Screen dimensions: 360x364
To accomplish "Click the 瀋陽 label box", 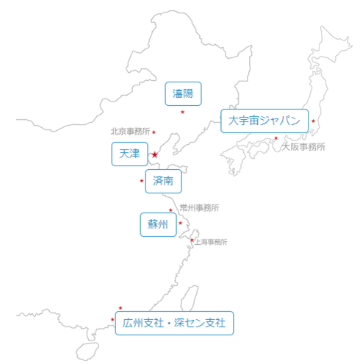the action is coord(183,93).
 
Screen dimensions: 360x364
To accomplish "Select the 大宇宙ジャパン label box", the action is coord(264,121).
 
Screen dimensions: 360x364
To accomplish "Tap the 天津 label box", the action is coord(129,154).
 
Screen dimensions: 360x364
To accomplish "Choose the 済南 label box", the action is coord(163,181).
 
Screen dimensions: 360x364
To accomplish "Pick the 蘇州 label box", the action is coord(158,224).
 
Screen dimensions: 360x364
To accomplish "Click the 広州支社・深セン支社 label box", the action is coord(174,323).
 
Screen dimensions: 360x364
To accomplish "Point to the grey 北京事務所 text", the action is coord(130,132).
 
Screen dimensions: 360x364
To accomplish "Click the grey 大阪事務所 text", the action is coord(303,147).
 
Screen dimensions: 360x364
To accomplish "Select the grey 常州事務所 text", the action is coord(199,208).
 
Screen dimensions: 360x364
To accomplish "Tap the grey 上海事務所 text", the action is coord(211,242).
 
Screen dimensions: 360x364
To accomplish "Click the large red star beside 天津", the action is coord(154,154).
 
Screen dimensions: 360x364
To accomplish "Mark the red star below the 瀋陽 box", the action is coord(182,112).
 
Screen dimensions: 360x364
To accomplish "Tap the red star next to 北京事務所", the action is coord(154,132).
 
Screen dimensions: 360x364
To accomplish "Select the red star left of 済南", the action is coord(142,181).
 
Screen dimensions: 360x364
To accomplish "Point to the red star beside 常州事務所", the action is coord(170,210).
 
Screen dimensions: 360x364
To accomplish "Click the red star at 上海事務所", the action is coord(192,240).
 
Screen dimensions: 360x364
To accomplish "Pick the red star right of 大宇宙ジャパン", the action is coord(313,121).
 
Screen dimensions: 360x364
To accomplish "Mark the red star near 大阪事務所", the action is coord(276,138).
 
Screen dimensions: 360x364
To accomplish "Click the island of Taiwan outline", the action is coord(190,298).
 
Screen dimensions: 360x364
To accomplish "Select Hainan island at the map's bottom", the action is coord(87,351).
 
